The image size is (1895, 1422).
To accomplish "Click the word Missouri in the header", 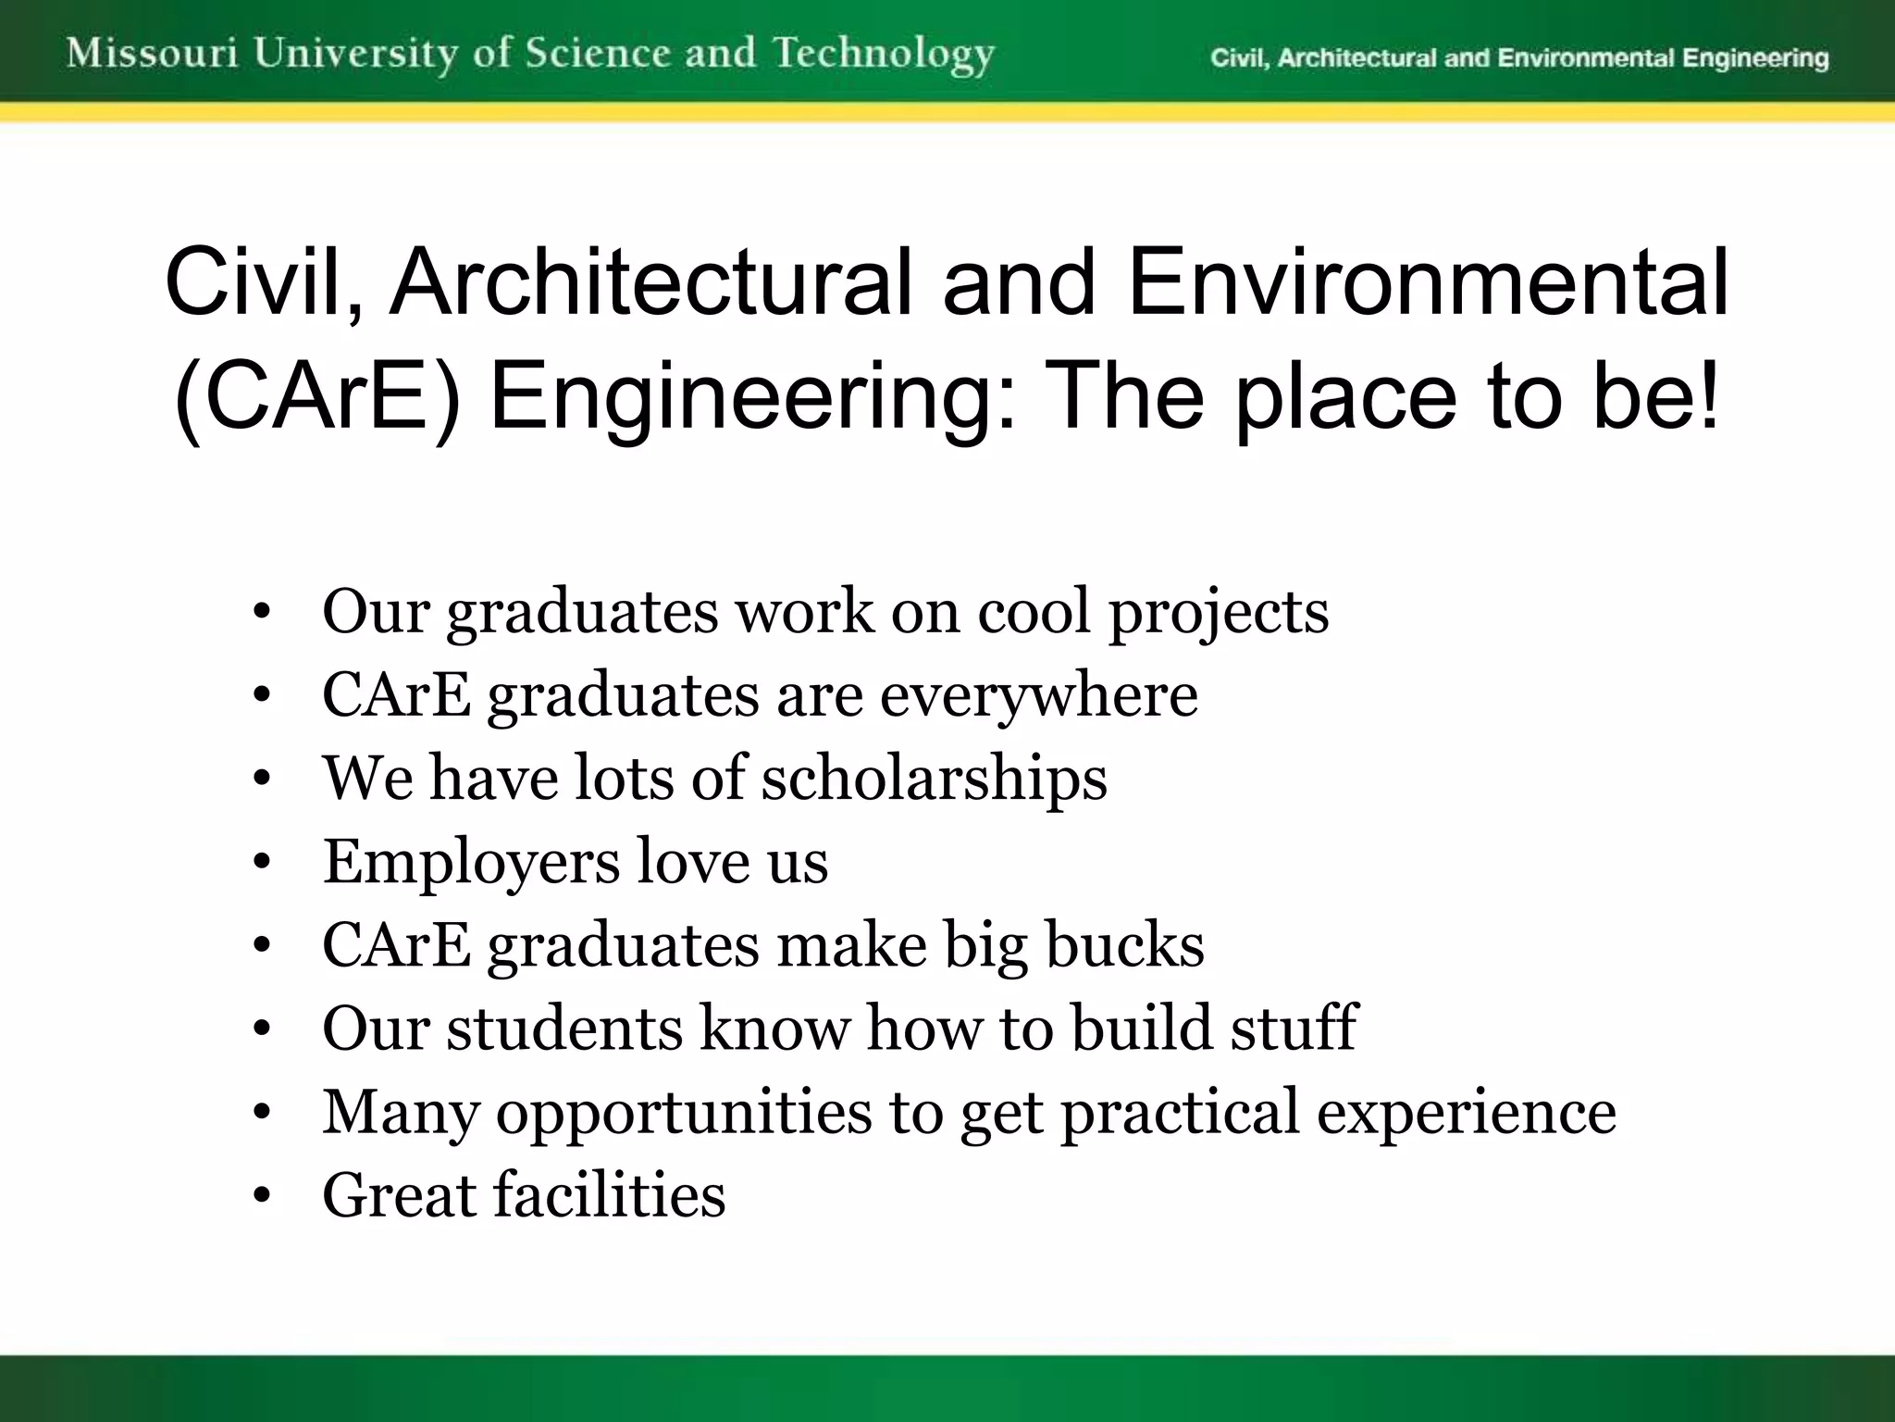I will pyautogui.click(x=153, y=54).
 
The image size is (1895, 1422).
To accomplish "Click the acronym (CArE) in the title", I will pyautogui.click(x=316, y=396).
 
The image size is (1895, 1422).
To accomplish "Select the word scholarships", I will pyautogui.click(x=934, y=778).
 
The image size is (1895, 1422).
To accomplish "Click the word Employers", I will pyautogui.click(x=471, y=862).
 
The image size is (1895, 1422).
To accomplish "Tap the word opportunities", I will pyautogui.click(x=684, y=1112).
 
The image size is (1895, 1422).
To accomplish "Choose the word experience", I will pyautogui.click(x=1467, y=1112).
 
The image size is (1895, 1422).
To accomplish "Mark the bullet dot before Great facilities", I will pyautogui.click(x=262, y=1196).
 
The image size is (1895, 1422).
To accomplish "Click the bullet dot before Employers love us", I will pyautogui.click(x=262, y=863).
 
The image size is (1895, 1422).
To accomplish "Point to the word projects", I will pyautogui.click(x=1219, y=613).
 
